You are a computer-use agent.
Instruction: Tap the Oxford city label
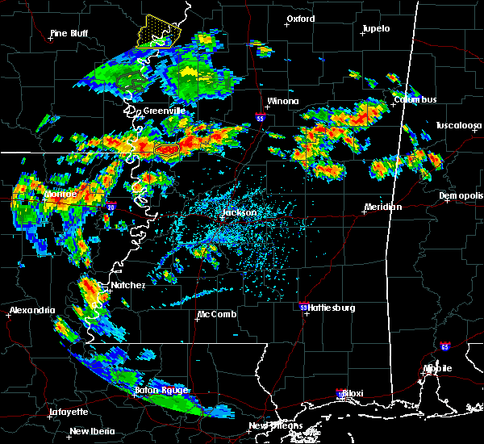tap(301, 19)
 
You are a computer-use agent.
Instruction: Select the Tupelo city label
tap(375, 28)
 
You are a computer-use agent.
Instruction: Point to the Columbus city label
tap(415, 99)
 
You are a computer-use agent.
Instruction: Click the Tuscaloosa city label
tap(458, 125)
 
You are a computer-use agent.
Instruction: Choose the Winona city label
tap(282, 102)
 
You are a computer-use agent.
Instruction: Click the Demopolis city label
tap(461, 195)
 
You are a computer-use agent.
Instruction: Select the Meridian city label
tap(382, 207)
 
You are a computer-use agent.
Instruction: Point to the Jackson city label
tap(240, 213)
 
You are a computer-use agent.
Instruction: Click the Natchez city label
tap(127, 285)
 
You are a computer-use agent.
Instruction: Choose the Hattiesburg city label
tap(331, 308)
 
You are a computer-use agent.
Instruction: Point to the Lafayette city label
tap(69, 412)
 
